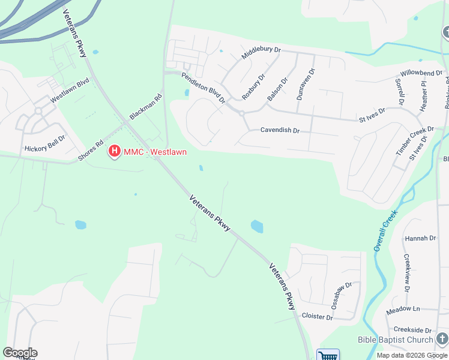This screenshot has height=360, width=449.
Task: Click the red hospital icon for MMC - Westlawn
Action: tap(114, 152)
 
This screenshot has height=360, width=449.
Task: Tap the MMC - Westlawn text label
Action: tap(155, 152)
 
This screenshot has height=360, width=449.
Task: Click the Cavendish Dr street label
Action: tap(280, 130)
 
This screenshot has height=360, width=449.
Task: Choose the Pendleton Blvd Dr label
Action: tap(203, 88)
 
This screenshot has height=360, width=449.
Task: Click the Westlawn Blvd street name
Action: tap(70, 89)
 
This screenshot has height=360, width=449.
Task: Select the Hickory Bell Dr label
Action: tap(44, 148)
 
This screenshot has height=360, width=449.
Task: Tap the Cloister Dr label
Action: tap(317, 316)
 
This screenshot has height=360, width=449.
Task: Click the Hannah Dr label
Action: tap(420, 238)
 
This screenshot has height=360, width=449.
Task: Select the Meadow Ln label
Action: tap(403, 308)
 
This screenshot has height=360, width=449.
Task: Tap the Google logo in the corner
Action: tap(20, 353)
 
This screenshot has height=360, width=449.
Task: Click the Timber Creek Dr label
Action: tap(414, 142)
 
